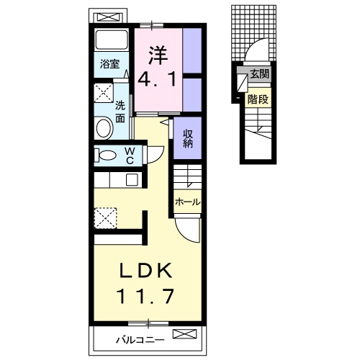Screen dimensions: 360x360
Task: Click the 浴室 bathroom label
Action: tap(109, 64)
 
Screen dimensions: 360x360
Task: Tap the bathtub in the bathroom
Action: tap(111, 40)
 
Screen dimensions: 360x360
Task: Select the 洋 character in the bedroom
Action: tap(158, 55)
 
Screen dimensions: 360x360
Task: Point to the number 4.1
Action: tap(158, 80)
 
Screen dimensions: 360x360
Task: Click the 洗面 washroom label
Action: tap(120, 112)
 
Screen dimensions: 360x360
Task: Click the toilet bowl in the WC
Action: tap(106, 156)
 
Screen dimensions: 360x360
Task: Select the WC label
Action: tap(130, 156)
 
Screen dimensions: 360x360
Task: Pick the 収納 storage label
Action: tap(188, 138)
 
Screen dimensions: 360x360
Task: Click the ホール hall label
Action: tap(188, 202)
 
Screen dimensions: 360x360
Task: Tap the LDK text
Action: tap(146, 271)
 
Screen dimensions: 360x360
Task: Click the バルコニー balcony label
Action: tap(140, 340)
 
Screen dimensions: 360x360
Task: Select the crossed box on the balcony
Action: tap(184, 334)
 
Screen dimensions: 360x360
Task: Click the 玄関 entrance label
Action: tap(260, 74)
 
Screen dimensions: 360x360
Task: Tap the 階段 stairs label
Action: tap(258, 99)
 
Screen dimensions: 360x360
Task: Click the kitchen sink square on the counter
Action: tap(132, 179)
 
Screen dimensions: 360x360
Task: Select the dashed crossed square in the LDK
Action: tap(105, 218)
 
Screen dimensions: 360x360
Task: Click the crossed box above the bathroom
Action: tap(108, 17)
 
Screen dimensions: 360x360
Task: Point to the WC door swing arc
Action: tap(158, 157)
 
